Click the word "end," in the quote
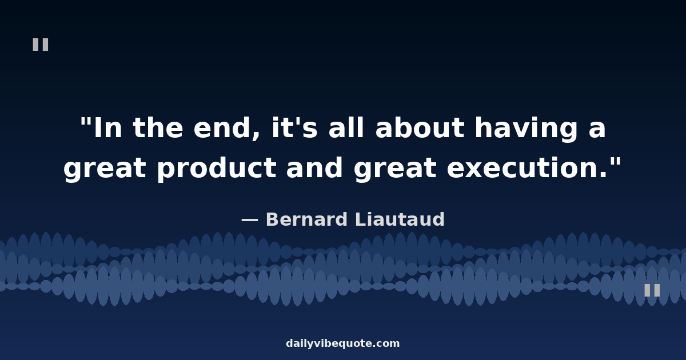tap(226, 129)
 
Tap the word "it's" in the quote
tap(294, 127)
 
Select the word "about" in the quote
tap(420, 127)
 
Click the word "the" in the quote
tap(158, 127)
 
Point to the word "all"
tap(346, 127)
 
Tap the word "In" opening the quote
tap(107, 128)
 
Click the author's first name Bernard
tap(307, 219)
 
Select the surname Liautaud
tap(400, 219)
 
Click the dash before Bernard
tap(250, 220)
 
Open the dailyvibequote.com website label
tap(343, 343)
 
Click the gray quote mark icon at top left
tap(41, 45)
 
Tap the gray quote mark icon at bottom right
tap(652, 290)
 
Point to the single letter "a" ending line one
tap(597, 130)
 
